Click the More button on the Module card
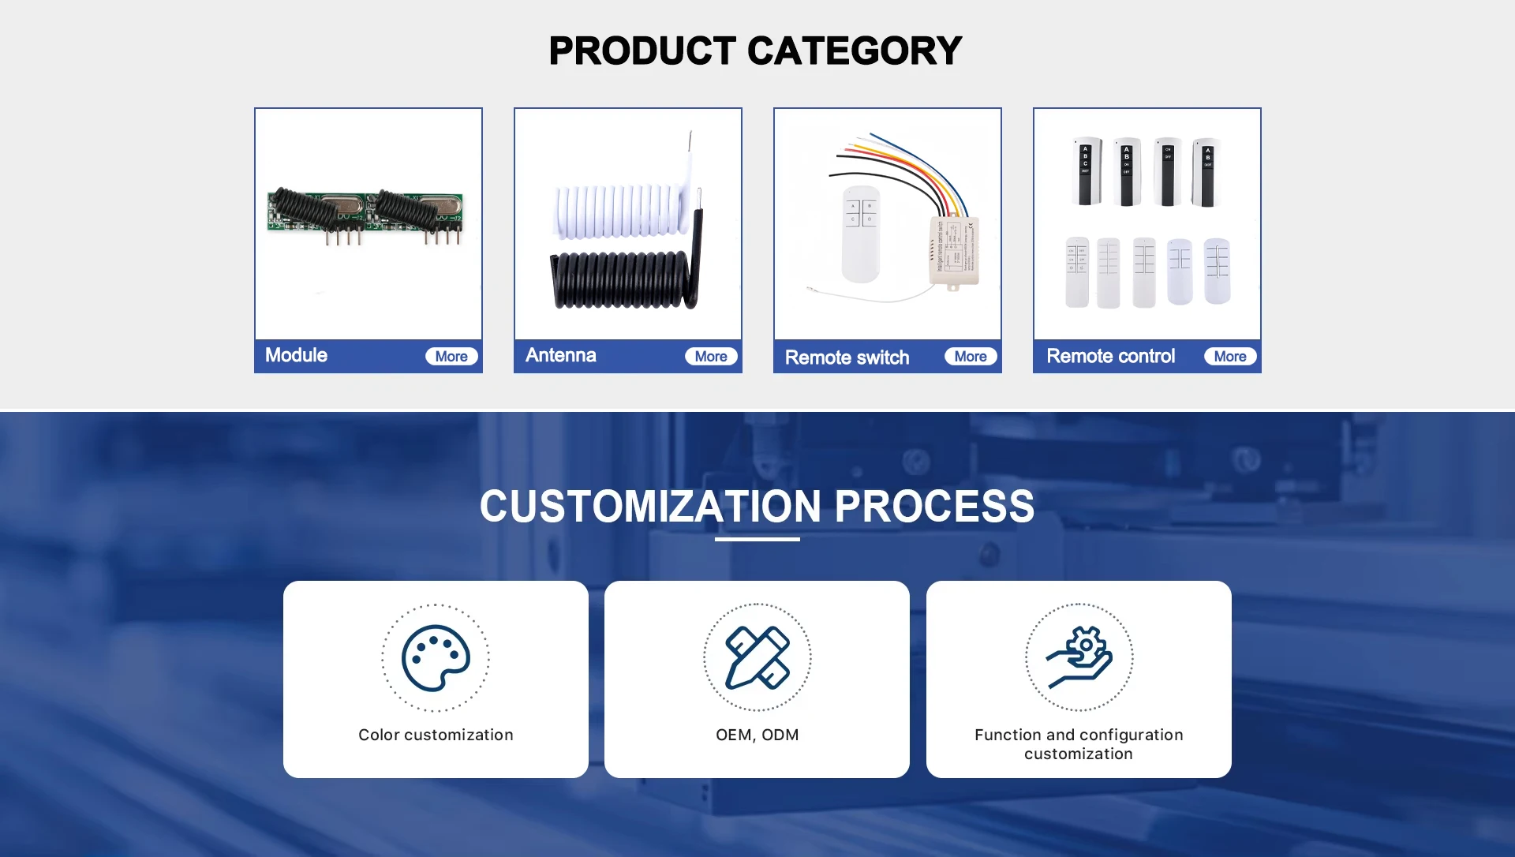pyautogui.click(x=451, y=357)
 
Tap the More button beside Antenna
pyautogui.click(x=711, y=357)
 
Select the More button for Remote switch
pyautogui.click(x=971, y=357)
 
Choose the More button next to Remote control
pyautogui.click(x=1230, y=357)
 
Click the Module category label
pyautogui.click(x=296, y=355)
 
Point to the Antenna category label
pyautogui.click(x=561, y=355)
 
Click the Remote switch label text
pyautogui.click(x=847, y=357)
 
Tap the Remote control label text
pyautogui.click(x=1111, y=356)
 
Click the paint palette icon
pyautogui.click(x=436, y=658)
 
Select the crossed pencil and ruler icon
pyautogui.click(x=757, y=657)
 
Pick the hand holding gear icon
pyautogui.click(x=1079, y=657)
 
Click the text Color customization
pyautogui.click(x=436, y=735)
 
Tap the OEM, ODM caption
pyautogui.click(x=757, y=735)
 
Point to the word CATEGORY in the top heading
pyautogui.click(x=855, y=51)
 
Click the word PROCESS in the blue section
pyautogui.click(x=934, y=506)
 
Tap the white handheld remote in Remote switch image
pyautogui.click(x=861, y=234)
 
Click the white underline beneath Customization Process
pyautogui.click(x=757, y=539)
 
